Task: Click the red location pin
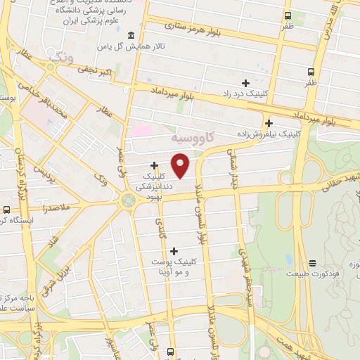[181, 165]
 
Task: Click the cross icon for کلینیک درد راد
[245, 84]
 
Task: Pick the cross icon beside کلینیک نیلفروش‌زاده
[269, 123]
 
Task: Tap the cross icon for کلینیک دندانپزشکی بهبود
[154, 165]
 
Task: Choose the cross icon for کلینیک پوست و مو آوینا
[174, 250]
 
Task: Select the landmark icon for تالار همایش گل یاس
[131, 35]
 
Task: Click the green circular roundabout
[128, 202]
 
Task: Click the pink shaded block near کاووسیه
[143, 131]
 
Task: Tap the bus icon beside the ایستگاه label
[7, 209]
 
